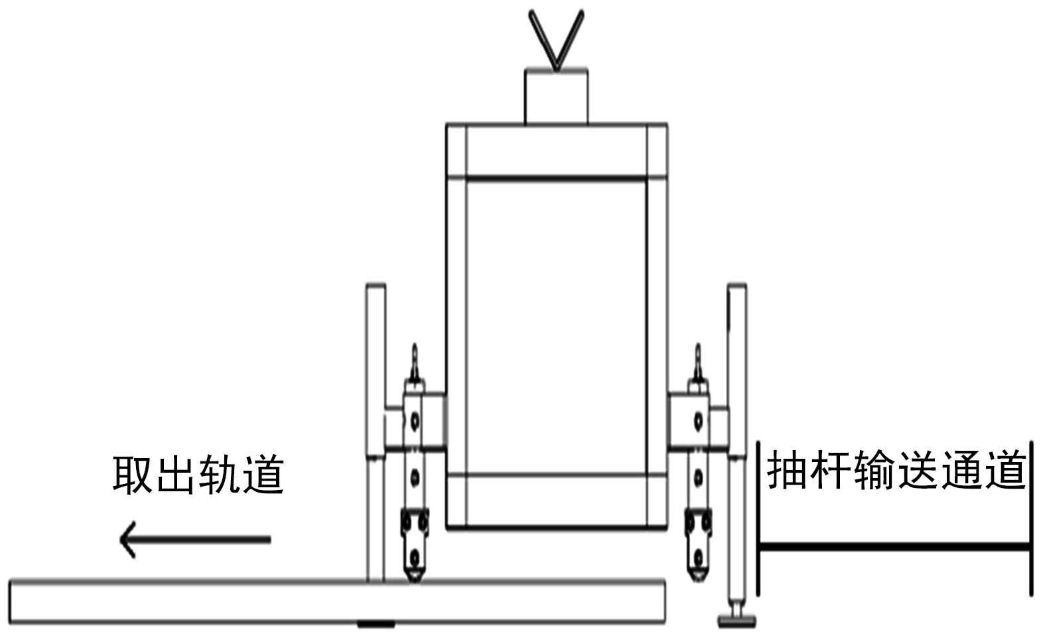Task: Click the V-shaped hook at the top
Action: point(556,40)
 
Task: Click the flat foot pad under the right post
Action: point(737,621)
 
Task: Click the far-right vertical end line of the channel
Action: point(1030,518)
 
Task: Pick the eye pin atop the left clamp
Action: point(415,362)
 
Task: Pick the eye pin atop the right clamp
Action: point(697,362)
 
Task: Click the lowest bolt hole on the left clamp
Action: point(415,555)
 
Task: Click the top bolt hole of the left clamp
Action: point(415,420)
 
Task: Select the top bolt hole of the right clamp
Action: point(698,420)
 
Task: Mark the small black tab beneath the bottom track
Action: point(376,624)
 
